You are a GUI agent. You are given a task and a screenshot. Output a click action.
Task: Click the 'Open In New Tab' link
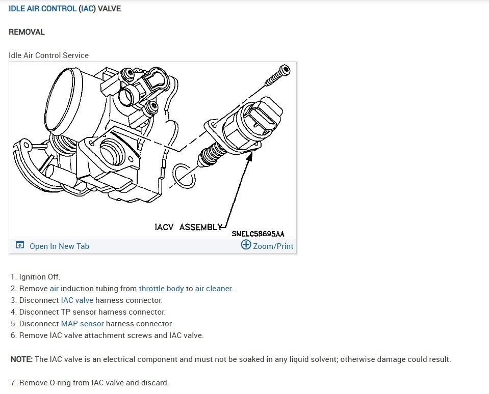pyautogui.click(x=59, y=246)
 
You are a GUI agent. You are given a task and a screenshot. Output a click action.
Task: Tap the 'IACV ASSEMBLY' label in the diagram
pyautogui.click(x=188, y=227)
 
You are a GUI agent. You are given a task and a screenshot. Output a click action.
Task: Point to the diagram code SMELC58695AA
pyautogui.click(x=258, y=234)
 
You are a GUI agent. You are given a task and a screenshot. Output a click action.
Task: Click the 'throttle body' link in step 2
pyautogui.click(x=161, y=289)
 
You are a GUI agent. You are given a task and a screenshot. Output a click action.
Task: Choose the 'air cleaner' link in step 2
pyautogui.click(x=213, y=289)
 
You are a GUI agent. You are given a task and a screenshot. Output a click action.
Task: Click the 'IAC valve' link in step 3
pyautogui.click(x=77, y=300)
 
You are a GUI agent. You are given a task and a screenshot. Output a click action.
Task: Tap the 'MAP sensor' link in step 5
pyautogui.click(x=82, y=324)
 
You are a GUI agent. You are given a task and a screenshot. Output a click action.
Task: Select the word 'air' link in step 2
pyautogui.click(x=55, y=289)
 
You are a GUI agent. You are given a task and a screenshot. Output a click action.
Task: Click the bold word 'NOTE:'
pyautogui.click(x=21, y=359)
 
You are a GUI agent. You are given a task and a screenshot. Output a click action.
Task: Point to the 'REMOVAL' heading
pyautogui.click(x=27, y=32)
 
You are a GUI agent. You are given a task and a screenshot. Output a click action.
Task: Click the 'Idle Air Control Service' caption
pyautogui.click(x=48, y=55)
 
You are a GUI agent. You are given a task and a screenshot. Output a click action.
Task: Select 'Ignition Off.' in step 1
pyautogui.click(x=40, y=277)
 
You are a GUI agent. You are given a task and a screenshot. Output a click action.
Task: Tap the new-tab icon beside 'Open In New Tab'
pyautogui.click(x=20, y=246)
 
